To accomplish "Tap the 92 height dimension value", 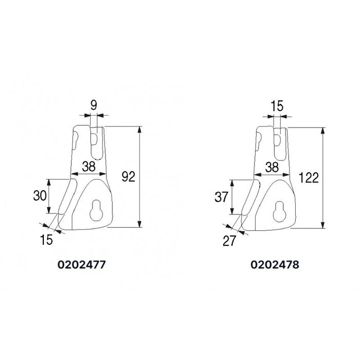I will [128, 177].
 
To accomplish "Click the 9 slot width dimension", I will [94, 106].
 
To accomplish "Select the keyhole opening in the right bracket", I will [279, 207].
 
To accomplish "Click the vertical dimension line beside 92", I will [139, 177].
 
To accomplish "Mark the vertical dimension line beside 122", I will [323, 177].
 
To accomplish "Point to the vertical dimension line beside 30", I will [49, 196].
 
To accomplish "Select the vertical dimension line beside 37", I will [233, 197].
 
